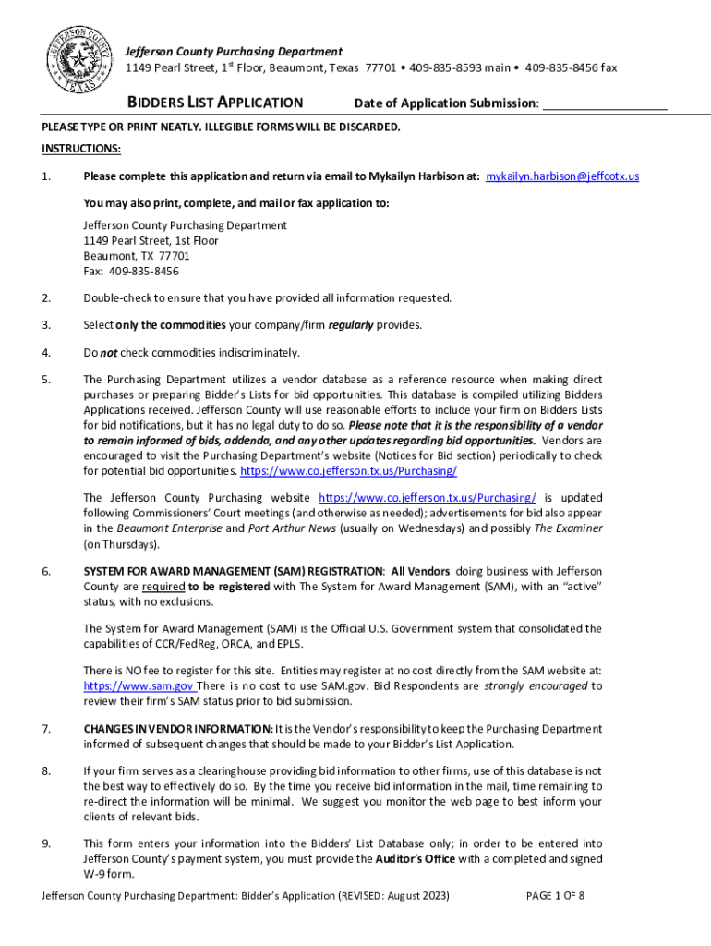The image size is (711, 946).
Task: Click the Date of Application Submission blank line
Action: pyautogui.click(x=605, y=104)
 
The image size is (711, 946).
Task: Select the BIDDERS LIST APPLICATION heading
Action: pyautogui.click(x=214, y=103)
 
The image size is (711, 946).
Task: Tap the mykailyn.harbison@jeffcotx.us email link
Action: pyautogui.click(x=562, y=176)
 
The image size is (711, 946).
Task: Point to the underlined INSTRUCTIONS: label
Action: pyautogui.click(x=80, y=149)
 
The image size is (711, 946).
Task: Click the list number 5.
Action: pyautogui.click(x=46, y=380)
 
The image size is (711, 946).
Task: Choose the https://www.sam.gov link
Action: pyautogui.click(x=139, y=686)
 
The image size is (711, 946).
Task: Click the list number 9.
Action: pyautogui.click(x=46, y=843)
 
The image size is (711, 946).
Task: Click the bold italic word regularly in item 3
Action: pyautogui.click(x=351, y=325)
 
